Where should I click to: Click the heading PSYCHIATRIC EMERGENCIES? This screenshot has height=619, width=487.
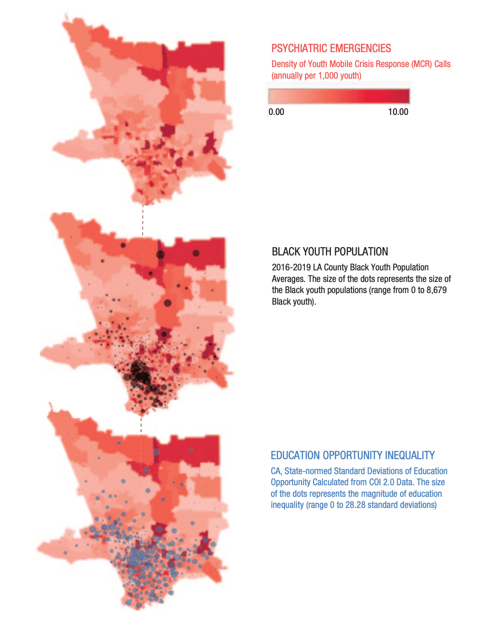(x=331, y=48)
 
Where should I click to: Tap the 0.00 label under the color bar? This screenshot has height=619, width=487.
(x=276, y=112)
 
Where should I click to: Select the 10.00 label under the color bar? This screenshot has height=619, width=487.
(x=398, y=112)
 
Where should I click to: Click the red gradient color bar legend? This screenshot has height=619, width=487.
(x=339, y=96)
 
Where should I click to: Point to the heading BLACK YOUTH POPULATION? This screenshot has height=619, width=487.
(x=330, y=252)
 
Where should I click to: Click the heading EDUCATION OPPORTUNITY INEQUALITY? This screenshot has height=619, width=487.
(x=353, y=455)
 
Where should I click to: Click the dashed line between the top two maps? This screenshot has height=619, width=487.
(x=143, y=220)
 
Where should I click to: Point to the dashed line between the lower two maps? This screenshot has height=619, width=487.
(x=141, y=424)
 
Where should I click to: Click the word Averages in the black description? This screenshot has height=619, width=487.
(x=288, y=279)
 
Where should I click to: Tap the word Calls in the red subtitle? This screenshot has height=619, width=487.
(x=443, y=64)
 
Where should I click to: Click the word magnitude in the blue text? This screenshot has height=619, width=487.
(x=367, y=494)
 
